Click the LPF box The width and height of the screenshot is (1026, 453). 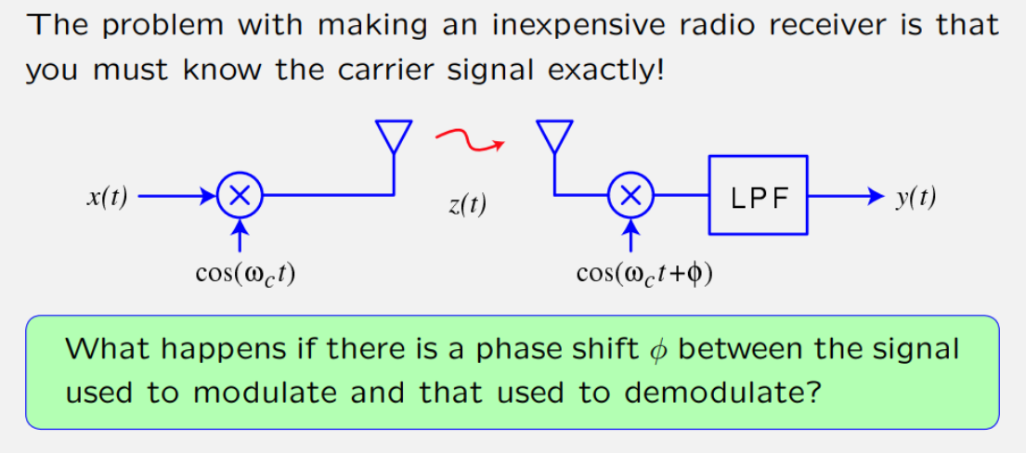(x=758, y=196)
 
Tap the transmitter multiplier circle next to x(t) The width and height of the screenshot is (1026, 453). (x=240, y=196)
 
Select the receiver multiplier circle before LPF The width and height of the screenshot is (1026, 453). (x=630, y=196)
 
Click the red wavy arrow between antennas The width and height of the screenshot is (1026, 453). (x=469, y=140)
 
